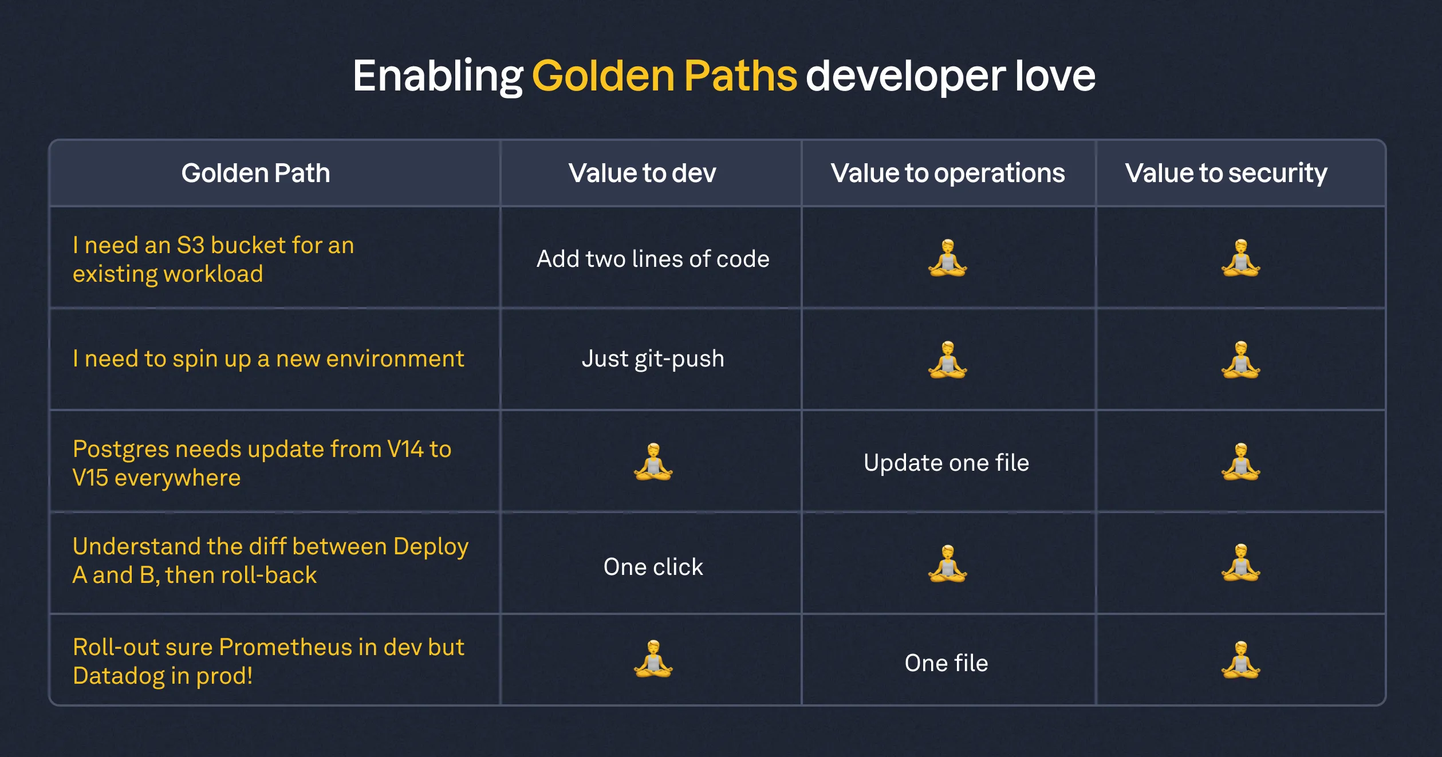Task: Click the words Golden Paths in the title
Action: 664,76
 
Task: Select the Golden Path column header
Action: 255,173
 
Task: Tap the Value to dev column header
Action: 642,173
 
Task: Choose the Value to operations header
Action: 948,173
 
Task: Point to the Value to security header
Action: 1226,173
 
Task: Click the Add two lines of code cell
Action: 653,259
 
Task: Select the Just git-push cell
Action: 653,359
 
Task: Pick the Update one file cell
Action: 946,463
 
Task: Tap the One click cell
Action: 653,567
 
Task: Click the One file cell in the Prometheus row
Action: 946,663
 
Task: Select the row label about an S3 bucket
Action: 213,259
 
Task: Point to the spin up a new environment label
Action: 268,359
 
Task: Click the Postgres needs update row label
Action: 262,463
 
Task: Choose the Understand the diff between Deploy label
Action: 270,561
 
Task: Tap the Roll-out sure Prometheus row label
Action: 268,661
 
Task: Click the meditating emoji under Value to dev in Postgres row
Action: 653,462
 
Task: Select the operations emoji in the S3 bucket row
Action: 947,258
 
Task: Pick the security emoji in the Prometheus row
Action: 1240,660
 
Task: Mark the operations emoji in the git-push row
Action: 947,360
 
